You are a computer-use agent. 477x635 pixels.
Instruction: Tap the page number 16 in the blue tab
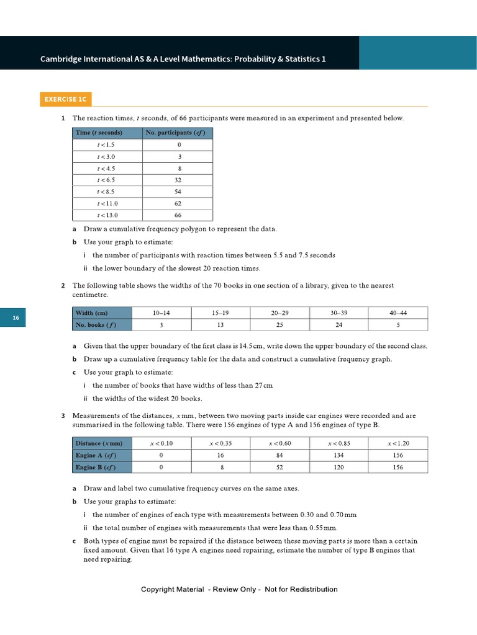(16, 318)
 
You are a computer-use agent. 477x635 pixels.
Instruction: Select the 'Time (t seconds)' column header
(99, 133)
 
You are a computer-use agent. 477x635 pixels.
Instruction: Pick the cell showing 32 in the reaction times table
(178, 180)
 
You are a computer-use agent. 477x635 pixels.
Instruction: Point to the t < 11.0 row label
(107, 203)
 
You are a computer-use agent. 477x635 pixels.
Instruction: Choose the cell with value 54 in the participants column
(178, 192)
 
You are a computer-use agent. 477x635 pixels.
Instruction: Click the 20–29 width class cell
(279, 313)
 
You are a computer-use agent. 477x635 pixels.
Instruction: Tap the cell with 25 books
(279, 325)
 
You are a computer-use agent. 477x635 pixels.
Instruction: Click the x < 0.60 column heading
(279, 443)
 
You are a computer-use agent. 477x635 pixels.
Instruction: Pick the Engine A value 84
(279, 455)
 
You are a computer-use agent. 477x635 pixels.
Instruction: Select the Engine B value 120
(338, 467)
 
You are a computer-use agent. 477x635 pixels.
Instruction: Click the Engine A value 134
(338, 455)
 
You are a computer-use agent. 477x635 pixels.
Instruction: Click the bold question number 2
(63, 286)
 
